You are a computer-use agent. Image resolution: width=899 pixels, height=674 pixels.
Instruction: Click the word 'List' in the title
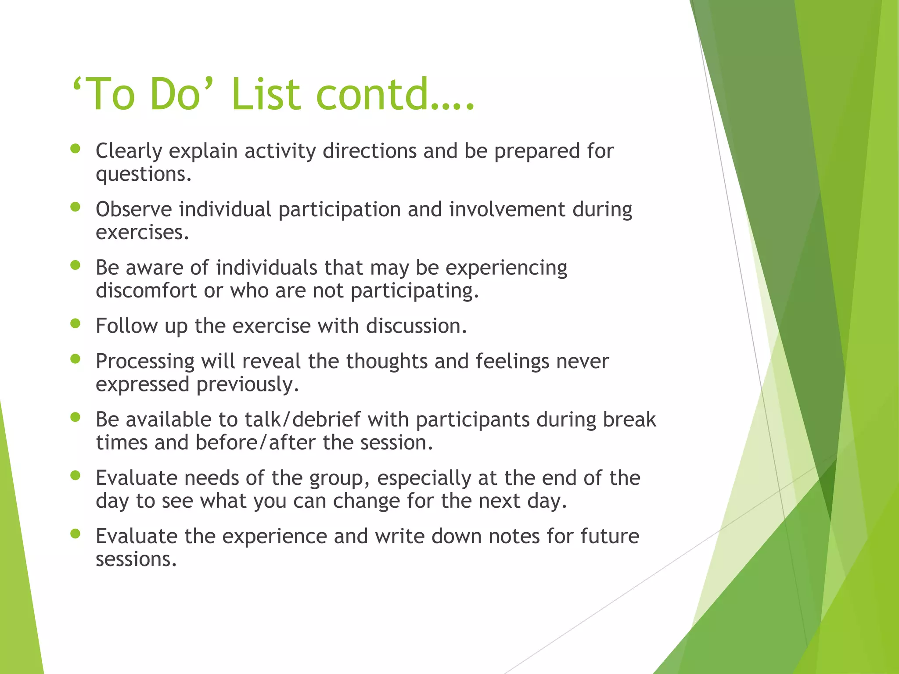pyautogui.click(x=266, y=94)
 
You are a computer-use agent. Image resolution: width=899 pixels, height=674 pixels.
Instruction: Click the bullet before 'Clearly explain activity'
pyautogui.click(x=76, y=149)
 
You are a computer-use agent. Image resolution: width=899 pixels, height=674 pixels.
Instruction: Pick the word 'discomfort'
pyautogui.click(x=146, y=290)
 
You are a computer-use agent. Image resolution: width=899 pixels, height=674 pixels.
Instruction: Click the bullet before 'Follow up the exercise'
pyautogui.click(x=76, y=324)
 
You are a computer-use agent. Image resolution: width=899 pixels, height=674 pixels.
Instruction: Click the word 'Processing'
pyautogui.click(x=145, y=362)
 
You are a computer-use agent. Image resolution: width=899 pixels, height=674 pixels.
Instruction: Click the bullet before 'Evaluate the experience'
pyautogui.click(x=76, y=534)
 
